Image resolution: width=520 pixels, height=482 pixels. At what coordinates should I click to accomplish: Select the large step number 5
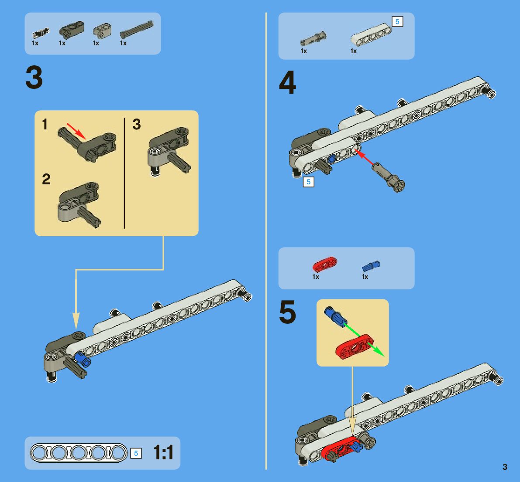pos(287,312)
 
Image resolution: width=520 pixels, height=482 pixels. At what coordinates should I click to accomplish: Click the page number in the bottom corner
pos(505,467)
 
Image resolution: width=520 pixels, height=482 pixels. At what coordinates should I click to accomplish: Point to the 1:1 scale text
pos(163,453)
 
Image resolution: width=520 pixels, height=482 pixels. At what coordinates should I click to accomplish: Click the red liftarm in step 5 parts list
pos(324,264)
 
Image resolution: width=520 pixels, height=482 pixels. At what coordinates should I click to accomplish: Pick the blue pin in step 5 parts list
pos(371,266)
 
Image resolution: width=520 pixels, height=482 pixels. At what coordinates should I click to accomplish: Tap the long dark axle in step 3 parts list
pos(137,29)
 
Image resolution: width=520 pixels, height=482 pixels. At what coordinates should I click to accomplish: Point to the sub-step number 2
pos(46,179)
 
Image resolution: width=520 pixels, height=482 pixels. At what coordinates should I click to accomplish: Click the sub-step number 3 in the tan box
pos(137,124)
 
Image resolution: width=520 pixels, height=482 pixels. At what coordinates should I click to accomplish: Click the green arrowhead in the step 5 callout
pos(380,352)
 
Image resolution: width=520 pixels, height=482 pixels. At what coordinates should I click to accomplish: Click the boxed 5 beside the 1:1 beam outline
pos(136,453)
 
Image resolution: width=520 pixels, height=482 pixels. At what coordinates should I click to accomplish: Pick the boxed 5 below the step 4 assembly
pos(308,182)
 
